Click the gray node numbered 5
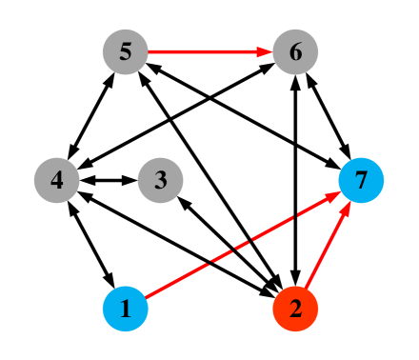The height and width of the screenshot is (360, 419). tap(125, 51)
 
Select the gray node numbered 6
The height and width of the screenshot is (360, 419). tap(295, 51)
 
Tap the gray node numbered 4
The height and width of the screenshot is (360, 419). tap(56, 180)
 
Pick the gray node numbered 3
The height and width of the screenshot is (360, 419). tap(160, 180)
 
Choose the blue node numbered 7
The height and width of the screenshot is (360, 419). tap(361, 180)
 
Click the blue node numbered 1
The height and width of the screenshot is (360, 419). tap(125, 309)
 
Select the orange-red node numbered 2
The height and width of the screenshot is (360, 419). tap(295, 309)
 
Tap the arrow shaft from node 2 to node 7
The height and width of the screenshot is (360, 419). tap(324, 252)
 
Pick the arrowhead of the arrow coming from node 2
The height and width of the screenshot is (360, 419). tap(346, 208)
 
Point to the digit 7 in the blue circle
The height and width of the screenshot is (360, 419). tap(361, 180)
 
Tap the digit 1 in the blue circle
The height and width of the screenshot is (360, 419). tap(125, 309)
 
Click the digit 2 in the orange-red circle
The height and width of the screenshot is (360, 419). tap(295, 309)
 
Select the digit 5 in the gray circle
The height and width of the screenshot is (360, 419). tap(125, 51)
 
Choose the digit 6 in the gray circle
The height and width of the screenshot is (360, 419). tap(295, 51)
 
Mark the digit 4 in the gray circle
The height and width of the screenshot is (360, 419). tap(56, 180)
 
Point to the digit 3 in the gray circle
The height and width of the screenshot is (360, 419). tap(160, 180)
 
